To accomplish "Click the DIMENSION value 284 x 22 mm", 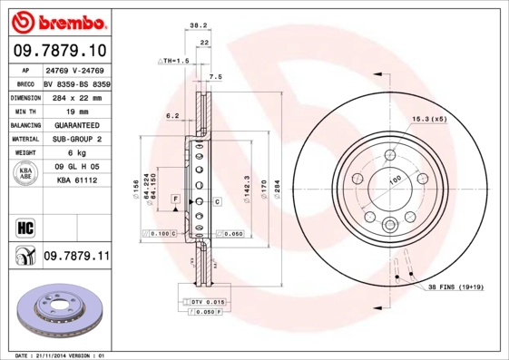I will (x=76, y=95).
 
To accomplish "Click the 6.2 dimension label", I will (x=171, y=115).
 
